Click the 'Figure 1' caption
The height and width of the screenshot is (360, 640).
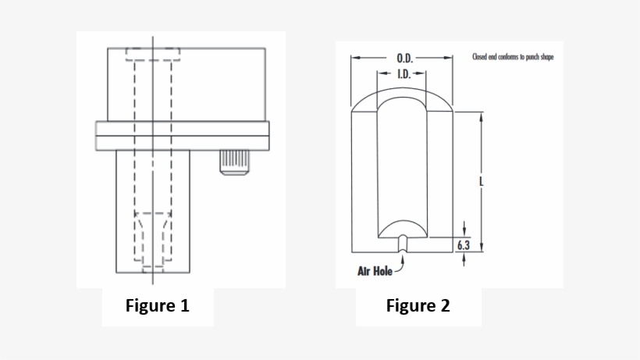[158, 305]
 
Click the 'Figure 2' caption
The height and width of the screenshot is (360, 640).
[418, 305]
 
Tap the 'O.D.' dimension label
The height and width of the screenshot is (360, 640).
[404, 58]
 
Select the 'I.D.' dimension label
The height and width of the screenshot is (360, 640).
[404, 74]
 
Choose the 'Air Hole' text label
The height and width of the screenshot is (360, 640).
[375, 271]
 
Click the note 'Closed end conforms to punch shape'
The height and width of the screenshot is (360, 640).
[513, 57]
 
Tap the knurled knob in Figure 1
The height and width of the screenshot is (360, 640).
[232, 162]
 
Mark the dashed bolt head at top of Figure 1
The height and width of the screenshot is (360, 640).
[153, 55]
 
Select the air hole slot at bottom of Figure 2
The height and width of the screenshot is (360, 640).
[402, 244]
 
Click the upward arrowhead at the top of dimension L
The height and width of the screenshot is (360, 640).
[481, 116]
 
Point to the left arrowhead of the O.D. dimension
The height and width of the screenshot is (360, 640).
[355, 58]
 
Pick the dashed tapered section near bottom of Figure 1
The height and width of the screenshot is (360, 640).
[153, 234]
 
